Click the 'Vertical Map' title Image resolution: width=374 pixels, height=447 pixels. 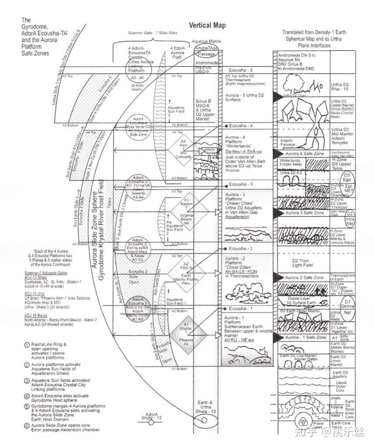[x=206, y=25]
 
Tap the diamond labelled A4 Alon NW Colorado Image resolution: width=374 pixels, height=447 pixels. [x=183, y=151]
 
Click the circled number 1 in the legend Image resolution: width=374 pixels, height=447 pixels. [x=27, y=345]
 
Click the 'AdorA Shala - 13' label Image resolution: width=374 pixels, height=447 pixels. [x=151, y=416]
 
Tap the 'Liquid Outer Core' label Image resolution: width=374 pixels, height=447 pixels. [x=341, y=386]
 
